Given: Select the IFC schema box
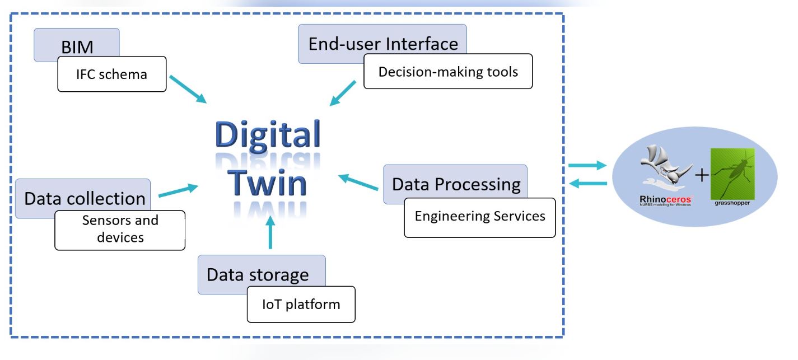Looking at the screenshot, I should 112,73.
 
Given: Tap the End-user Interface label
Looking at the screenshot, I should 386,44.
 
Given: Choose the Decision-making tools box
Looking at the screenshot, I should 447,71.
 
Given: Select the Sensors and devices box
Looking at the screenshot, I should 120,229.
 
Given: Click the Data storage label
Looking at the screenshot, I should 257,274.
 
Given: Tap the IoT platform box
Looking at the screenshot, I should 301,304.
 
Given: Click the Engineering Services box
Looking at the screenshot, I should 479,217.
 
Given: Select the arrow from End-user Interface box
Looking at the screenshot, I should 343,93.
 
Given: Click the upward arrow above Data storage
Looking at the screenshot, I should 270,235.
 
